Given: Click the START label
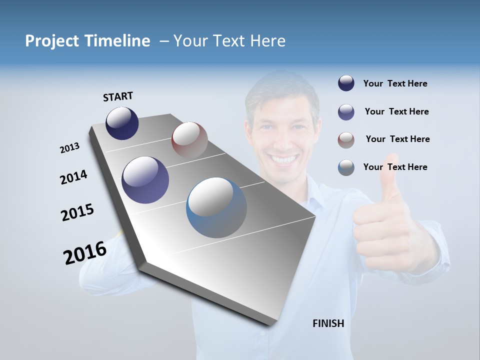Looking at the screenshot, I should tap(118, 96).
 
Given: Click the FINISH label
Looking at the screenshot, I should tap(328, 323).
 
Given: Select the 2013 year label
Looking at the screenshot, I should tap(69, 148).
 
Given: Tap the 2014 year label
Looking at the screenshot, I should tap(73, 177).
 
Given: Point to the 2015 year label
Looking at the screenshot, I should tap(77, 212).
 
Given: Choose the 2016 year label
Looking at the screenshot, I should tap(85, 252).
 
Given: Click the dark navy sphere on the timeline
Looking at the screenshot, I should tap(122, 123).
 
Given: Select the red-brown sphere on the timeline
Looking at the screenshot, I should tap(189, 140).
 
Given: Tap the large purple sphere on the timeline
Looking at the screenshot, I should tap(145, 180).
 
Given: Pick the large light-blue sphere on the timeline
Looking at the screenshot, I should tap(216, 207).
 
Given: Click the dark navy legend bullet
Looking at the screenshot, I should tap(346, 83).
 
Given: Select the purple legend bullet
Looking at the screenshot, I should tap(346, 112).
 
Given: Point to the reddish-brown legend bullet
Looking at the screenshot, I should tap(346, 140).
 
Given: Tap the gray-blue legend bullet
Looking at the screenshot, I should tap(346, 167).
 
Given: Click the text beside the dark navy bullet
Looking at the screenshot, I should tap(395, 84).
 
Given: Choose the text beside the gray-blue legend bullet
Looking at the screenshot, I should tap(395, 167).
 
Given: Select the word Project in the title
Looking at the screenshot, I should tap(52, 41).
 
